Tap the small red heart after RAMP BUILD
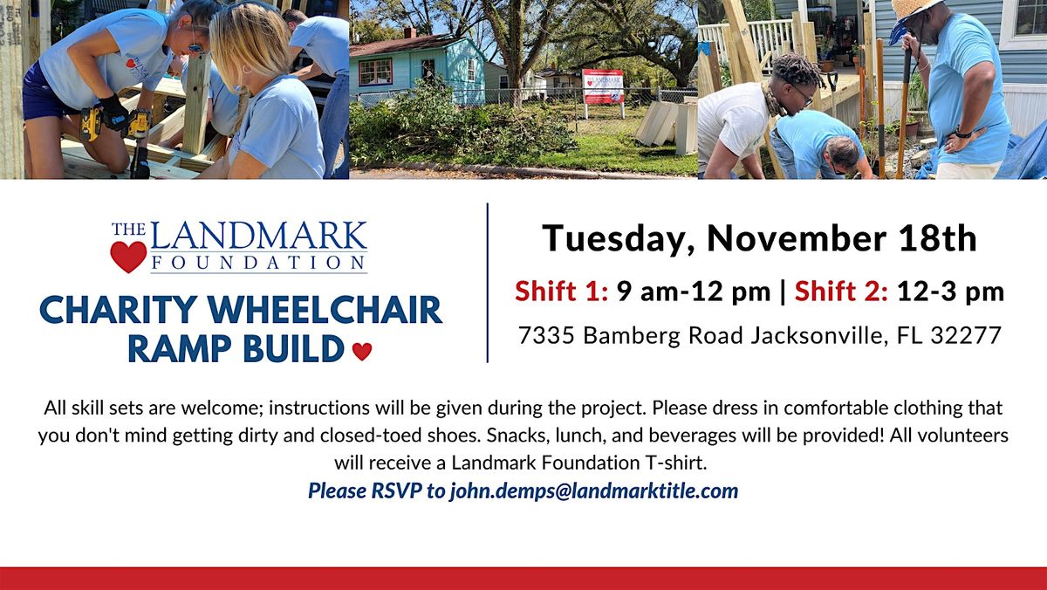coord(362,351)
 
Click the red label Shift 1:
coord(562,292)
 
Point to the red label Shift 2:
coord(841,292)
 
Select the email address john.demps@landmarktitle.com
coord(593,491)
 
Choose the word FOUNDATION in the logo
coord(258,262)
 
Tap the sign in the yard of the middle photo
coord(603,87)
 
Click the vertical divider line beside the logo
coord(487,282)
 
